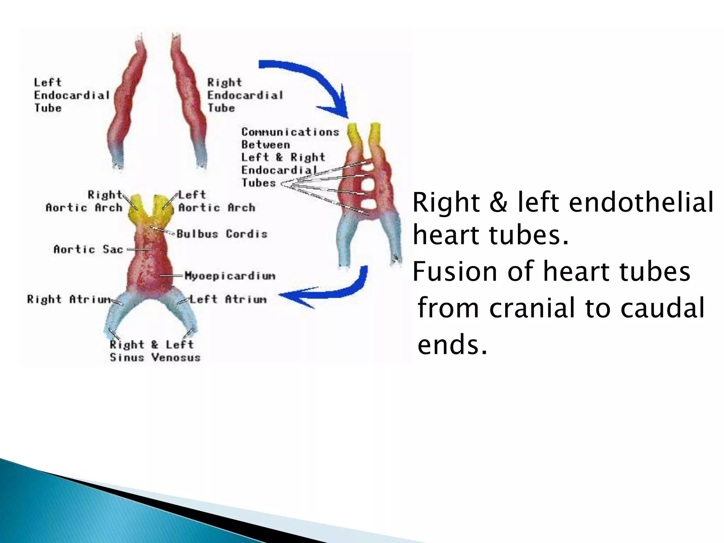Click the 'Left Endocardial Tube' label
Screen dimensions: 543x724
(x=71, y=95)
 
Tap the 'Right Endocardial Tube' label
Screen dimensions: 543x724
(x=245, y=95)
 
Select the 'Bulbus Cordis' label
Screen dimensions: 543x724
(x=222, y=234)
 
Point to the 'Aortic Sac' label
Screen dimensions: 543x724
(x=88, y=249)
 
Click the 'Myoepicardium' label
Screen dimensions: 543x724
(x=230, y=276)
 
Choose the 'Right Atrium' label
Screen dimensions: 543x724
(x=69, y=299)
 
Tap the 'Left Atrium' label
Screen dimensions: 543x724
(x=228, y=299)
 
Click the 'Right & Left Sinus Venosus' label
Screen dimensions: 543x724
(x=155, y=351)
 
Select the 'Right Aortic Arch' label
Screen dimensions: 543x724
(x=85, y=201)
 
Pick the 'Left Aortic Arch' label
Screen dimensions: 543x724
(x=216, y=201)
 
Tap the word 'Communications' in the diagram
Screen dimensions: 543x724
(x=290, y=132)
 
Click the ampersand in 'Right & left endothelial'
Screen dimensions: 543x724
(x=498, y=203)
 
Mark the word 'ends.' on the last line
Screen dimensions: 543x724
(x=452, y=345)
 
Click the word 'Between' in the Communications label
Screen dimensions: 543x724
(x=265, y=145)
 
